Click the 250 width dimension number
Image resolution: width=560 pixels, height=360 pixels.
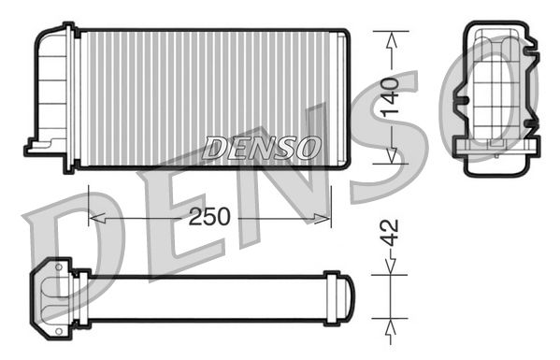click(x=209, y=217)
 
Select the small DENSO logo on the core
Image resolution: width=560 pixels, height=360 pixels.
click(x=262, y=148)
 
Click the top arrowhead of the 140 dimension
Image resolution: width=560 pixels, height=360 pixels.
click(x=392, y=37)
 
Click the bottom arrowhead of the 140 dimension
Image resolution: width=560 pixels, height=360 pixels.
click(x=392, y=156)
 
